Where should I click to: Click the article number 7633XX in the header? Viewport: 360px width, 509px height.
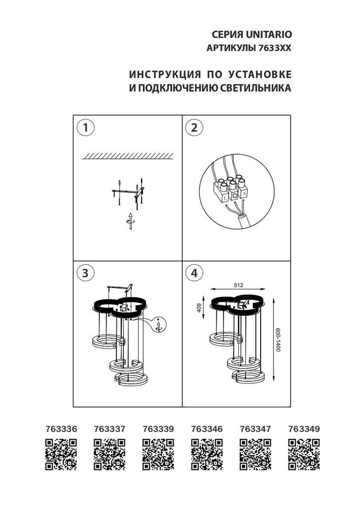click(278, 48)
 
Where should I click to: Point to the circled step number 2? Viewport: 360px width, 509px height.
click(193, 128)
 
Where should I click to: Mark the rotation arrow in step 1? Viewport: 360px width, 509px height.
click(131, 220)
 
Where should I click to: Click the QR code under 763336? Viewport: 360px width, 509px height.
click(61, 454)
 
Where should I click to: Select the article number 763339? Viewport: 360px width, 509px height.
click(158, 429)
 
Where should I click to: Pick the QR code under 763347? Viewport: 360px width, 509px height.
click(255, 454)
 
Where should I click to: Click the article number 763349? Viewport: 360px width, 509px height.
click(303, 429)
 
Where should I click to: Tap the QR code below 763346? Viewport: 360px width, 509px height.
click(207, 454)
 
